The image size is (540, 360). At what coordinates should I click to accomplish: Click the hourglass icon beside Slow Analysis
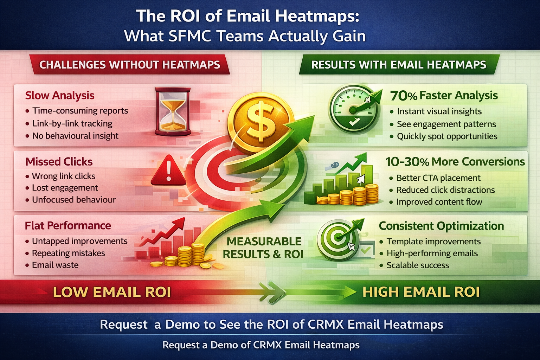point(172,112)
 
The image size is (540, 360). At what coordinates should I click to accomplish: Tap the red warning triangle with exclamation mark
point(168,171)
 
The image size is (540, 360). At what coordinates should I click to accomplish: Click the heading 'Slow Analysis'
point(60,95)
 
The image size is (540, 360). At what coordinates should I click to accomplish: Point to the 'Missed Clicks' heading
point(59,162)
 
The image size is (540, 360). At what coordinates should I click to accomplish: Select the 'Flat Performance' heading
point(68,225)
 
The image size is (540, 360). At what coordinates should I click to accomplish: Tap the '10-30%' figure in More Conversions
point(407,162)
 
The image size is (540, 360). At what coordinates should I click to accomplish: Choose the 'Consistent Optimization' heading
point(441,226)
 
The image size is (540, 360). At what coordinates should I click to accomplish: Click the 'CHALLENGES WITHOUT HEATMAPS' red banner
point(130,65)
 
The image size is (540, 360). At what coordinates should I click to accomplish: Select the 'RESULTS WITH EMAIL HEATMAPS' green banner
point(399,65)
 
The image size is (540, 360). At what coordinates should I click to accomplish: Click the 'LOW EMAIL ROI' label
point(112,292)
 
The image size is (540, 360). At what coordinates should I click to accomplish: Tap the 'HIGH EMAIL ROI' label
point(421,292)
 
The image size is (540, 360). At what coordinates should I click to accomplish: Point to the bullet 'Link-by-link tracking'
point(72,123)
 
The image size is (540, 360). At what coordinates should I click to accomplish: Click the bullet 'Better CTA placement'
point(438,178)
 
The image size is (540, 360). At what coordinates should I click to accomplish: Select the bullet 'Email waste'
point(55,265)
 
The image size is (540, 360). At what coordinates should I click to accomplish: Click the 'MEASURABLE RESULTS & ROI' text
point(263,247)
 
